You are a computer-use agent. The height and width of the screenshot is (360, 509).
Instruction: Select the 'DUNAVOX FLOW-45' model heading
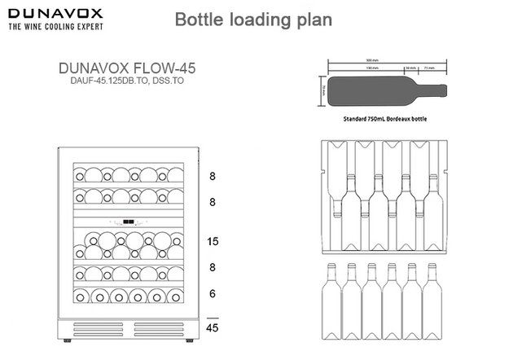point(126,69)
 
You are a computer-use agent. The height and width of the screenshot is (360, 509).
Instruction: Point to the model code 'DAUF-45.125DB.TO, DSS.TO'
point(126,82)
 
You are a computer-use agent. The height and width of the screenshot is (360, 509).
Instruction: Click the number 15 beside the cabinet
point(213,242)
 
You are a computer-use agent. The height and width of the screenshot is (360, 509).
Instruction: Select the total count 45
point(213,328)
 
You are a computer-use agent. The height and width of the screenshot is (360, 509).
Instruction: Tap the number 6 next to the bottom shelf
point(213,292)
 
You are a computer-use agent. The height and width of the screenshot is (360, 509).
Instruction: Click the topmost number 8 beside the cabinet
point(213,175)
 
